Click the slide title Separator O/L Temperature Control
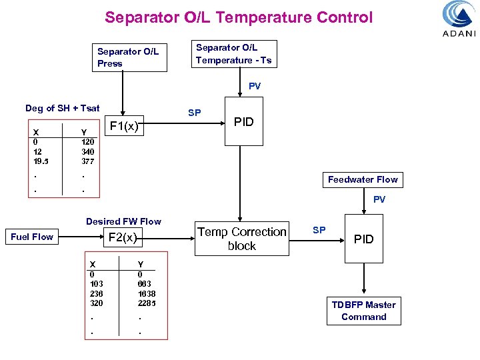click(239, 18)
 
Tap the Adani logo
click(459, 19)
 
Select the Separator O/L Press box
click(128, 57)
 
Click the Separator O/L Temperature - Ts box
click(233, 54)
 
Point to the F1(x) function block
click(124, 126)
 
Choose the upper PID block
click(243, 122)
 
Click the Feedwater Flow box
click(362, 179)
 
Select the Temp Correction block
click(241, 239)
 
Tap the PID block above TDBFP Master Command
click(363, 239)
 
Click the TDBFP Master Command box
click(363, 311)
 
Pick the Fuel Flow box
click(32, 237)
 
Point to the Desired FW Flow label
click(123, 221)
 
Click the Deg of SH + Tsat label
click(63, 108)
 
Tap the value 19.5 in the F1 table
click(41, 161)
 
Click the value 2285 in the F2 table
click(147, 303)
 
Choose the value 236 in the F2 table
click(97, 294)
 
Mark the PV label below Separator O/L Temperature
click(255, 86)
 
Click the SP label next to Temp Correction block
click(319, 230)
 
